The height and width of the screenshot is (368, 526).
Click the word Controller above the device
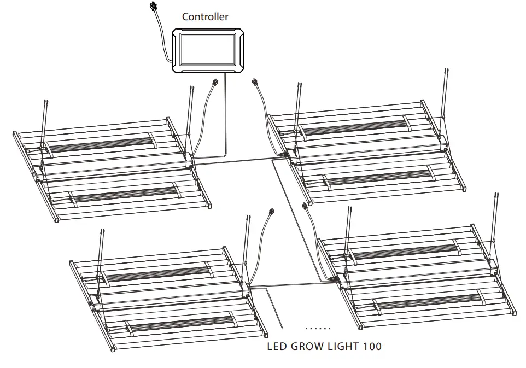[205, 16]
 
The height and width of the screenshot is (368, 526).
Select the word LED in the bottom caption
[277, 346]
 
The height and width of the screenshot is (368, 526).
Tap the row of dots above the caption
[318, 328]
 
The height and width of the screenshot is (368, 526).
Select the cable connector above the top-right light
[254, 84]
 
